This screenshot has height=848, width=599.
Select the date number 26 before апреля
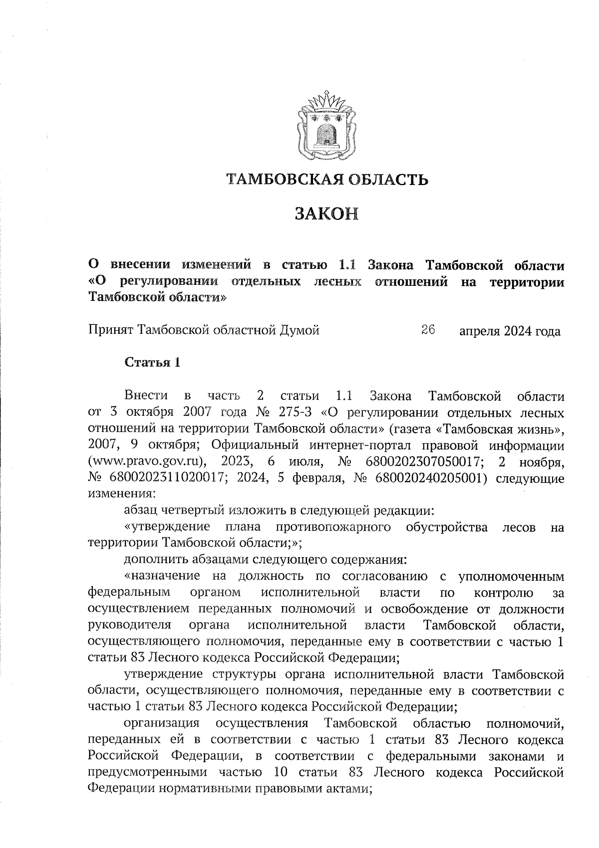pyautogui.click(x=428, y=330)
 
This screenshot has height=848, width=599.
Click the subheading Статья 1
pyautogui.click(x=152, y=362)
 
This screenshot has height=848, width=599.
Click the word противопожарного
pyautogui.click(x=332, y=527)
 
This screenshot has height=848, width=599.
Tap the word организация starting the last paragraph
pyautogui.click(x=162, y=723)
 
